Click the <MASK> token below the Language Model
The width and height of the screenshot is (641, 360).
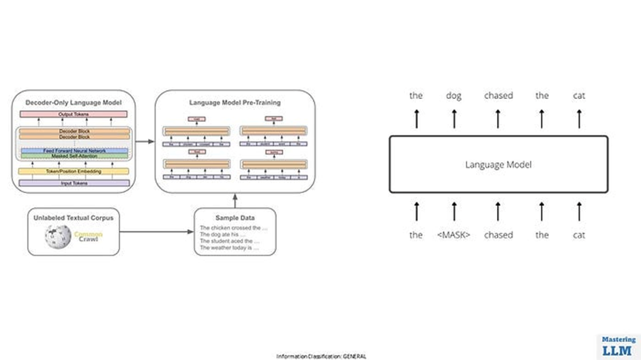point(453,235)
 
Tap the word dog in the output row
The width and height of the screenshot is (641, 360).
point(453,95)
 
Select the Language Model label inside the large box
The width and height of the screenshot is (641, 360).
point(498,164)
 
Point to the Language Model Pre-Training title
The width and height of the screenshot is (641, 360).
point(235,103)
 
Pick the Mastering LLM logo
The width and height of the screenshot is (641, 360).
point(618,346)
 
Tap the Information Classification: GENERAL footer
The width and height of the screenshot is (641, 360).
point(320,356)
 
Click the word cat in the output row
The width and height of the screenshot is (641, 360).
point(580,95)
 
